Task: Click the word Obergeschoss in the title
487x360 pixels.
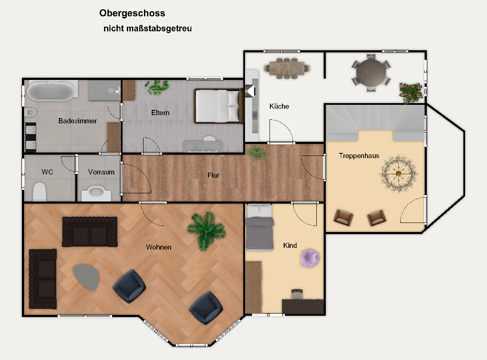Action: [132, 13]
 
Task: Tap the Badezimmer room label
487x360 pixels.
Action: [78, 121]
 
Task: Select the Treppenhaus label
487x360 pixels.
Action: [359, 156]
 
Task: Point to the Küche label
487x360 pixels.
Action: [279, 106]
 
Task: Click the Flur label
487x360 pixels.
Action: [214, 175]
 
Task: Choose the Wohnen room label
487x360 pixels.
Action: [159, 247]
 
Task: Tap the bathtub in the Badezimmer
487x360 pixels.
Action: [51, 91]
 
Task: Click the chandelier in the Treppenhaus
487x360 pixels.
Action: [398, 174]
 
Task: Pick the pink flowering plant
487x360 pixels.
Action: [411, 92]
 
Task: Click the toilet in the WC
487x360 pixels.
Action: [40, 192]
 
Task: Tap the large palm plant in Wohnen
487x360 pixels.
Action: [206, 230]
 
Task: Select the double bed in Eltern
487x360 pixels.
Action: [218, 106]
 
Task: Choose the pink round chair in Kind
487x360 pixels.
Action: [310, 258]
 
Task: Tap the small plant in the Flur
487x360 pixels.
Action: [257, 152]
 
